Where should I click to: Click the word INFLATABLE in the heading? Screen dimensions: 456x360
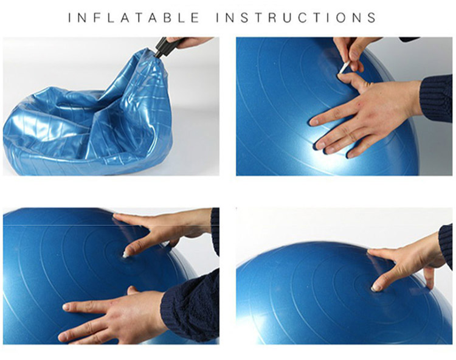(x=134, y=18)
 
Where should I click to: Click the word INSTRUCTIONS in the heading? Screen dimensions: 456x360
(x=296, y=18)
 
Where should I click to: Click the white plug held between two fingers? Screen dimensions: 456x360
(x=345, y=68)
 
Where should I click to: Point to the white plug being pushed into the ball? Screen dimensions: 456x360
(x=126, y=254)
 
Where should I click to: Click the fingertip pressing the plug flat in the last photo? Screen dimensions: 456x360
(x=376, y=287)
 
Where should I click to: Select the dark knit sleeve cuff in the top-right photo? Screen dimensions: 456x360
(x=436, y=97)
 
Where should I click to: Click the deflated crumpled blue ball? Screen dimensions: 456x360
(x=87, y=116)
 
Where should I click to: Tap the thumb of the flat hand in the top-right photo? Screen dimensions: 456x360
(x=350, y=80)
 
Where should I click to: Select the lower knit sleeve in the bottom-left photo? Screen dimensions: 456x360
(x=190, y=305)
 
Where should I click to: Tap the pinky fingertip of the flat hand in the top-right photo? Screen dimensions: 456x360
(x=350, y=154)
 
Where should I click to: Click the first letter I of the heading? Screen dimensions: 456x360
(x=70, y=18)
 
